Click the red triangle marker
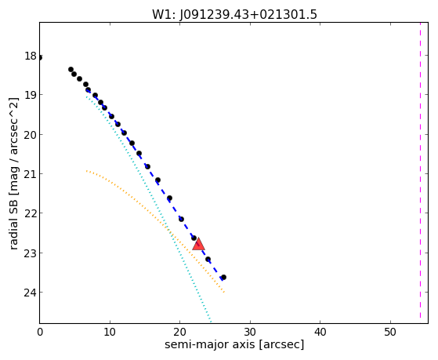198,244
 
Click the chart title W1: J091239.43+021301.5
234,15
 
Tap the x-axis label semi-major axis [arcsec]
234,344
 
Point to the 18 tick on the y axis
31,56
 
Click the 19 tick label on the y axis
31,95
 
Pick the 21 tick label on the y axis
31,173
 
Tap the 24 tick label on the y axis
31,293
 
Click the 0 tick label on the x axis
40,332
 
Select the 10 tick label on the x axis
110,332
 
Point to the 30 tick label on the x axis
250,332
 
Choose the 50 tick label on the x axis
390,332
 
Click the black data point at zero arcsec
40,57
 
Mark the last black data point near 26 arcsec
223,277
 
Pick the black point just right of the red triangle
208,260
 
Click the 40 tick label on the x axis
320,332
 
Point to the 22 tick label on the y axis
31,213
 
